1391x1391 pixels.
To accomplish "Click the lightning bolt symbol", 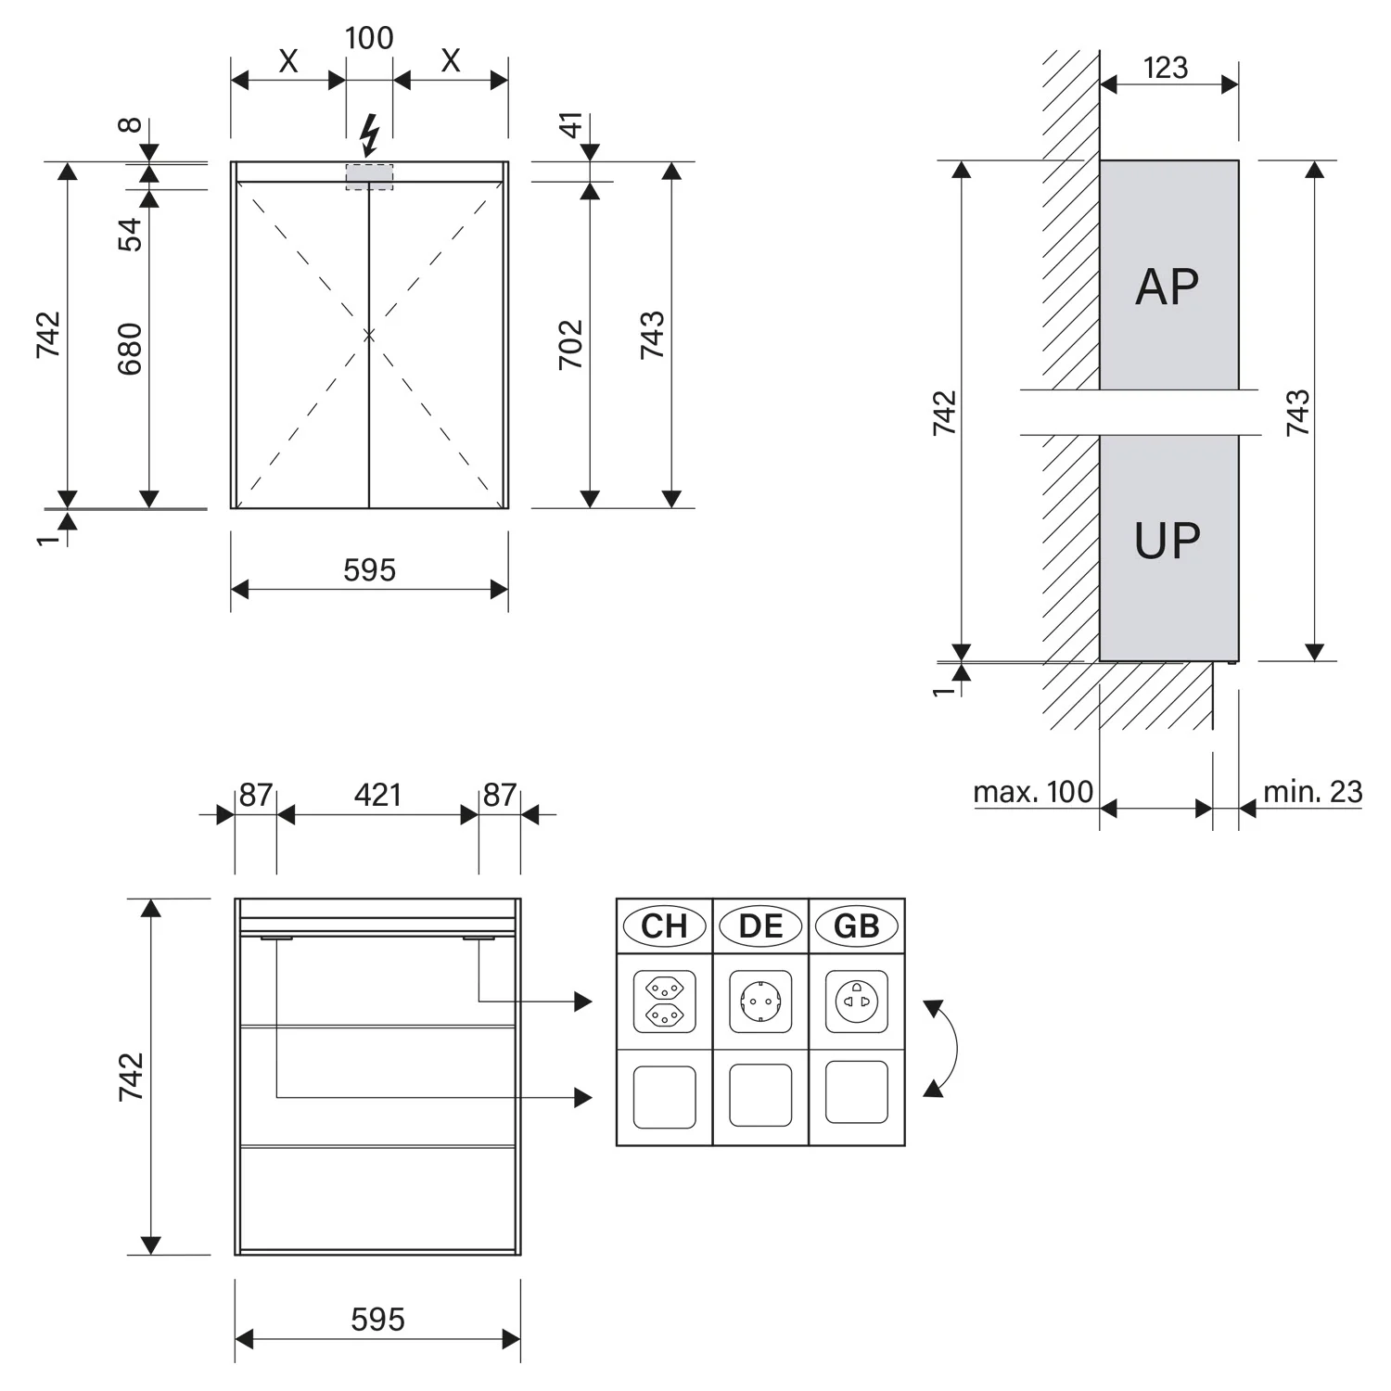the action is (x=369, y=135).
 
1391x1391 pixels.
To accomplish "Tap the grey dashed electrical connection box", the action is (x=369, y=177).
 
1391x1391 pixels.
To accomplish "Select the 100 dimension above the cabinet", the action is (x=369, y=38).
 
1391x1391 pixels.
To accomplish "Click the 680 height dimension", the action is (x=130, y=349).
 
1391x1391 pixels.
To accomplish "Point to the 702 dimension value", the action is (x=571, y=344).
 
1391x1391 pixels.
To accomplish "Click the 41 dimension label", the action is (x=571, y=124).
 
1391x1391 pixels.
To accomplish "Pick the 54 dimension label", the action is (x=131, y=234).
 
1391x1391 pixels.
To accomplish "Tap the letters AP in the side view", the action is (x=1167, y=287).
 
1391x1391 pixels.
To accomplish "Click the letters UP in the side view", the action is (x=1167, y=541).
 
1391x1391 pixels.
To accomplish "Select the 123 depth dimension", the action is (x=1166, y=68).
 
